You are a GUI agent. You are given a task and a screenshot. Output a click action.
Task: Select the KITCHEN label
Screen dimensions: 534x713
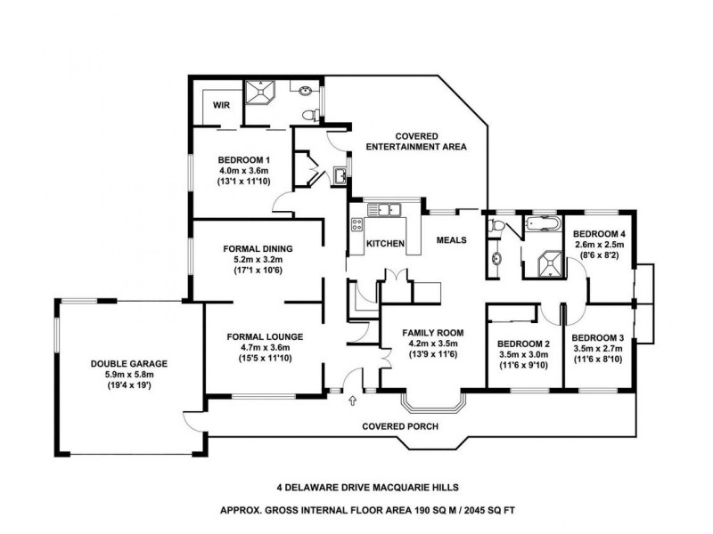386,244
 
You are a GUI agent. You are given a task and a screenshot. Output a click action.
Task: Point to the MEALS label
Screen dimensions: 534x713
453,240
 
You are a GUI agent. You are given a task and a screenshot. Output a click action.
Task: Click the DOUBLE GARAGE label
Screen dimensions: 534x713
129,363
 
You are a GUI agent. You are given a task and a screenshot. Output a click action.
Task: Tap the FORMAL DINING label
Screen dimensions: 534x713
257,248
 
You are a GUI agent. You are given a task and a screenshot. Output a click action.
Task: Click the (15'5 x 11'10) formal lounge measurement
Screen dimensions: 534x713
266,358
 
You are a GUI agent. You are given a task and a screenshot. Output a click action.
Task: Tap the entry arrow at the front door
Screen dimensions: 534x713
354,400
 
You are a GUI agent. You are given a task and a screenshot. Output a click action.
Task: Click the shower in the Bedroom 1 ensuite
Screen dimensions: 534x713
263,92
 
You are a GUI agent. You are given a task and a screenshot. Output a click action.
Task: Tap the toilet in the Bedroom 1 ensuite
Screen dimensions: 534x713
309,114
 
